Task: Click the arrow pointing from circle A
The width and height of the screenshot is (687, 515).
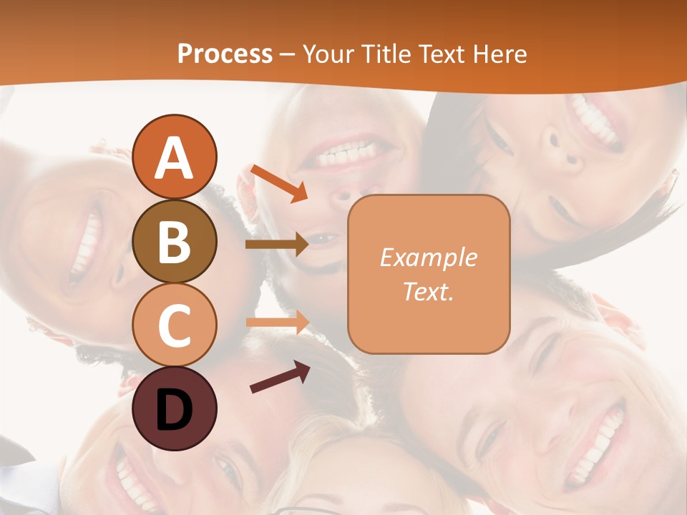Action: [278, 183]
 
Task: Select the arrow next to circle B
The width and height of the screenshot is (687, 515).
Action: [277, 245]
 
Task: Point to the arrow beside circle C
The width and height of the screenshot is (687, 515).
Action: [277, 322]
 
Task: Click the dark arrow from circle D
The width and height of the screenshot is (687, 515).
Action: [280, 377]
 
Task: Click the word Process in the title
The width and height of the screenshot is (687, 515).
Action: [225, 54]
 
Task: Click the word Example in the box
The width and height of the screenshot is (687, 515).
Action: [428, 258]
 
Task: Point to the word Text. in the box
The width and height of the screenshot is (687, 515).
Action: [428, 291]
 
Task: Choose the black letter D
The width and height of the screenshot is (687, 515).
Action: [175, 411]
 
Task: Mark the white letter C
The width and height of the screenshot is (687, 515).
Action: [175, 326]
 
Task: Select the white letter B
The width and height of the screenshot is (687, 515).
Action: [175, 242]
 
